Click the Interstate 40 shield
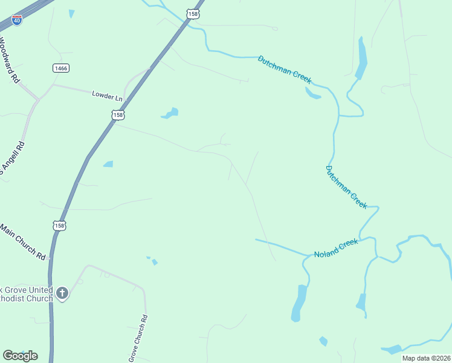tap(17, 20)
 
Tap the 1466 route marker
tap(60, 68)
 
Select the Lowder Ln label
tap(107, 95)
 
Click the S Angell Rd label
tap(12, 159)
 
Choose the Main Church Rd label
tap(23, 241)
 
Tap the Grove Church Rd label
tap(138, 339)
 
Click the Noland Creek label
tap(336, 248)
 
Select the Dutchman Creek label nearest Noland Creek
tap(346, 187)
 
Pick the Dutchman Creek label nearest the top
tap(284, 69)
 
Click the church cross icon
tap(62, 294)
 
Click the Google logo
tap(20, 356)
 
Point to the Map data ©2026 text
tap(426, 358)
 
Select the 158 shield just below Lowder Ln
tap(118, 114)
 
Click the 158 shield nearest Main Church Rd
tap(59, 225)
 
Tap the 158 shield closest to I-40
tap(192, 13)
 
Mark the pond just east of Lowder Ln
tap(170, 113)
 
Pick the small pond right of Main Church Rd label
tap(108, 164)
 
